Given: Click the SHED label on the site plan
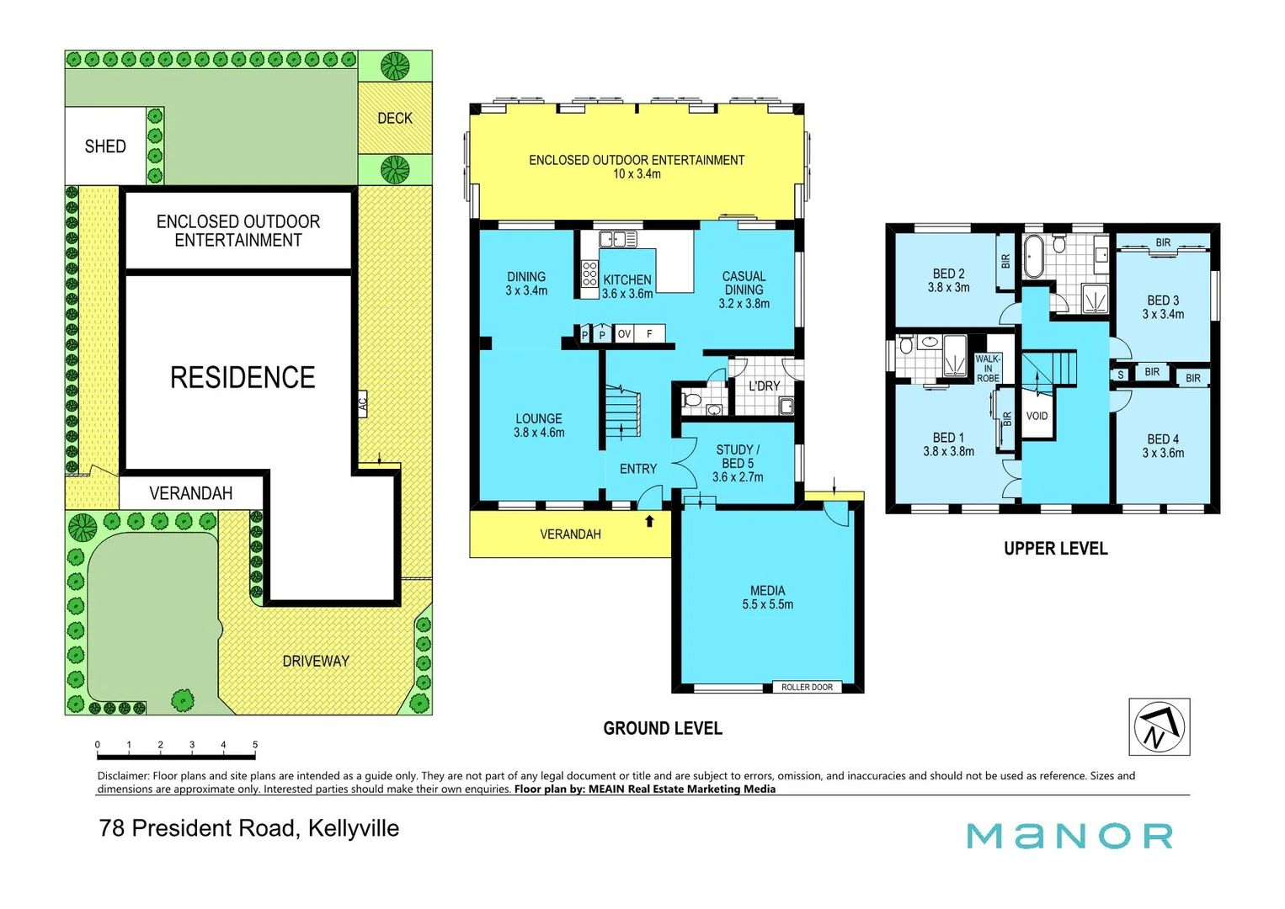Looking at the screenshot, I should click(x=105, y=146).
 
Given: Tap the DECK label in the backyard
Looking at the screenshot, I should click(x=395, y=119).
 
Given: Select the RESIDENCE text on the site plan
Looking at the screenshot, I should click(x=243, y=377).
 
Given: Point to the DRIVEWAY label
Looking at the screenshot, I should click(x=316, y=662).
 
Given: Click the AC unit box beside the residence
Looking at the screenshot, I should click(x=362, y=404).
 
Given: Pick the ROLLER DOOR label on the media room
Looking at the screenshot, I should click(x=806, y=688).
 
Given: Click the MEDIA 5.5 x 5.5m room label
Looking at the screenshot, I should click(x=767, y=598).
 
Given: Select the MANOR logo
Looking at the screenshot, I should click(x=1069, y=836).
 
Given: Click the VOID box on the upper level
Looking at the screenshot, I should click(x=1037, y=416).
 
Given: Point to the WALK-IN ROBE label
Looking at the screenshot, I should click(x=988, y=369).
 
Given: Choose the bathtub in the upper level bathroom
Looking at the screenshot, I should click(x=1033, y=256).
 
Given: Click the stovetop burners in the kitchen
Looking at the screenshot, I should click(x=589, y=274).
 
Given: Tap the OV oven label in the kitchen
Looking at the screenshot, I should click(x=624, y=334).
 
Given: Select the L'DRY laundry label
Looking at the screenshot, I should click(x=764, y=386).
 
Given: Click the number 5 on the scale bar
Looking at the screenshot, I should click(x=255, y=745).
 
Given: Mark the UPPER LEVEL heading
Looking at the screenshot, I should click(x=1055, y=549).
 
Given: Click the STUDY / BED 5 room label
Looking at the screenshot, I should click(x=738, y=463).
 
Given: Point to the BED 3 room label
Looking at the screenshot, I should click(x=1163, y=307).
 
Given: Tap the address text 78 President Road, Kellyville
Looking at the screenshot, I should click(x=249, y=828).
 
